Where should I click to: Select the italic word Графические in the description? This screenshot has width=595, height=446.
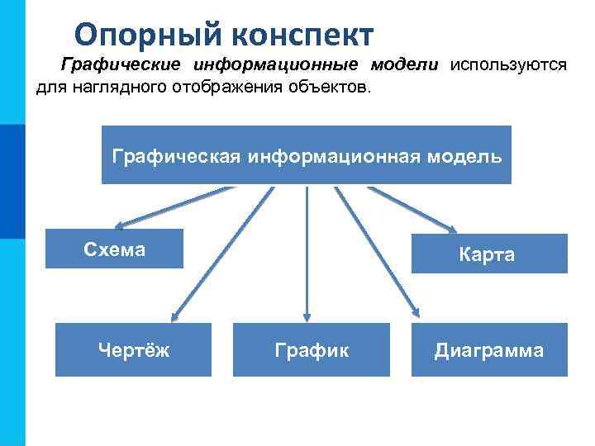121,66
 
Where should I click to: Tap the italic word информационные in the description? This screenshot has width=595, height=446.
275,66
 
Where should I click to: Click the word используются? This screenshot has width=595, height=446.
508,66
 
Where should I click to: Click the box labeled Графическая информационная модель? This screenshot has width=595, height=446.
306,154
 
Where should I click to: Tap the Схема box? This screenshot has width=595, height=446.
114,249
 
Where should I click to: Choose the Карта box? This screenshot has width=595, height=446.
488,254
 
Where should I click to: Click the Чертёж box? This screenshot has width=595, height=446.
133,349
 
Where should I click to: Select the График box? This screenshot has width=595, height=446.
311,349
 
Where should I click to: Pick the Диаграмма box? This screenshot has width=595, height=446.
489,349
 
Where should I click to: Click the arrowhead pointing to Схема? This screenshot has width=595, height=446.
121,224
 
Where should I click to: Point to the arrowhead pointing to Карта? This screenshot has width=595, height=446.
454,229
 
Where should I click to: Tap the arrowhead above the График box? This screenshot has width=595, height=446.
307,316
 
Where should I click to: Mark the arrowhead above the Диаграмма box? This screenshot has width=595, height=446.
415,313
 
